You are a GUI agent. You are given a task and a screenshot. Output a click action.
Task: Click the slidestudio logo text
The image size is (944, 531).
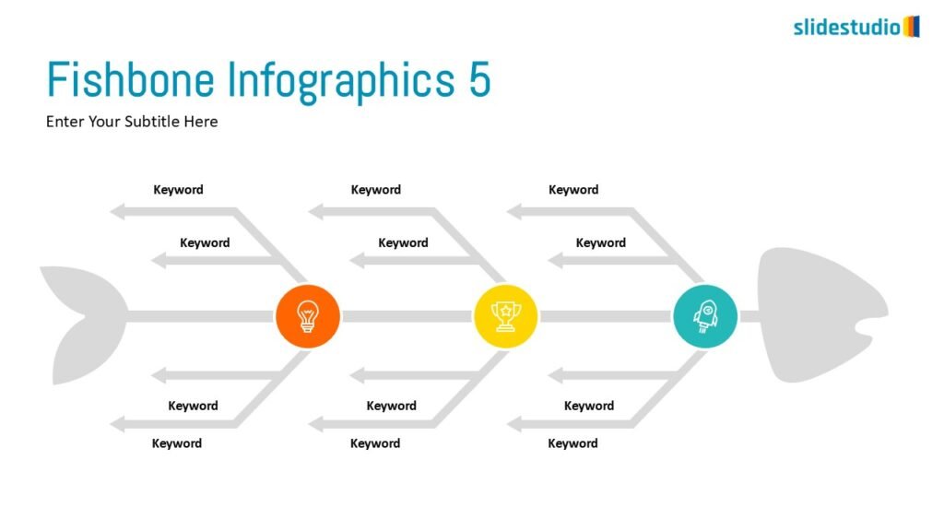(x=846, y=28)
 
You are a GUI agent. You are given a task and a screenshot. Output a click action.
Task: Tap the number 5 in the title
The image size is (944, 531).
(x=478, y=80)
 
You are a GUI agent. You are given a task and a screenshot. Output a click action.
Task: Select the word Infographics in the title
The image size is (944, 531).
(x=341, y=80)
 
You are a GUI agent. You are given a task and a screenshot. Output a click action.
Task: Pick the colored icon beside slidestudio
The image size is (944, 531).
(x=911, y=26)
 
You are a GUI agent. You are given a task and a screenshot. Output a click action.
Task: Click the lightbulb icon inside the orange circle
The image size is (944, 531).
(x=307, y=316)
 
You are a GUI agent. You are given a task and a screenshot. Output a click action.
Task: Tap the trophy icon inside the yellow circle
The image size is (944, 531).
(x=505, y=316)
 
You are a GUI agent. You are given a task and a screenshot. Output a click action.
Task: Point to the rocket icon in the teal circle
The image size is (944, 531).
(x=704, y=316)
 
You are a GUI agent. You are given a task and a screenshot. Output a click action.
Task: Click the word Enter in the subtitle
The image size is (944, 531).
(x=65, y=121)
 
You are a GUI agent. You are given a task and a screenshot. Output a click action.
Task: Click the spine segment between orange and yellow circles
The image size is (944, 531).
(x=406, y=316)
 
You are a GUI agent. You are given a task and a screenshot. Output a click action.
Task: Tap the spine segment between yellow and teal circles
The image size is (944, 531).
(x=606, y=316)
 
